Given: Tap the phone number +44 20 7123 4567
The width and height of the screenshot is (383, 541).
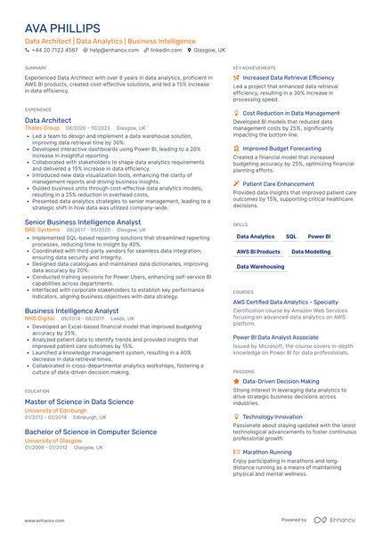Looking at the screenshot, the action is pos(54,51).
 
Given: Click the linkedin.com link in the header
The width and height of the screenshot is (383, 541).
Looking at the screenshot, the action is pos(166,51).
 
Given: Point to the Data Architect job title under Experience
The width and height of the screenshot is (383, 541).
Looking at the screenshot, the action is pos(48,120).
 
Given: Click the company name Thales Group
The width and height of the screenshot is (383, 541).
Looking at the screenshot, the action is pos(42,128).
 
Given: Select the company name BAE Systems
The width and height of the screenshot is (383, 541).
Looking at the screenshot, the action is pos(43,230).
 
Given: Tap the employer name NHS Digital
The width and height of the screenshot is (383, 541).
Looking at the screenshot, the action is pos(40,319).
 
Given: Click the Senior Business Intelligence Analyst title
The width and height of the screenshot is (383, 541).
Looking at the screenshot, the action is pos(83,222).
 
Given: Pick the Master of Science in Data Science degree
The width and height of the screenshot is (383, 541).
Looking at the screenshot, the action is pos(79,402).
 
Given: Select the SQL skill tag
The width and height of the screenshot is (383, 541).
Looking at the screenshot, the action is pos(291,237).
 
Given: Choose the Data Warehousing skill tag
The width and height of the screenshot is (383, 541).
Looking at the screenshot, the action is pos(261,267).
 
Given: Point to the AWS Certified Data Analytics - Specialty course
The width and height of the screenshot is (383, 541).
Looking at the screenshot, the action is pos(285,302).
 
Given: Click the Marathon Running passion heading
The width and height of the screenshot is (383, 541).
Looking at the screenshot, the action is pos(267,452).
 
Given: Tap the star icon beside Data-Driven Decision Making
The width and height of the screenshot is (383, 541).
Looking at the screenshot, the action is pos(236,381).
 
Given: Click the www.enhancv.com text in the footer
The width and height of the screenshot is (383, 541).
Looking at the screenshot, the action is pos(45,521).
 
